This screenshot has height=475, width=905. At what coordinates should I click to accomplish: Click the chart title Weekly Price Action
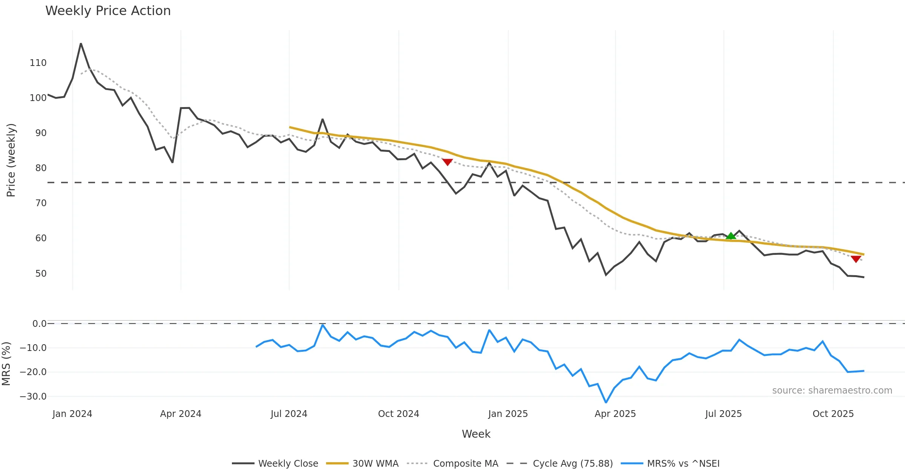108,11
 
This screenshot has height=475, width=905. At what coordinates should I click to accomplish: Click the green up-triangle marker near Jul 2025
731,236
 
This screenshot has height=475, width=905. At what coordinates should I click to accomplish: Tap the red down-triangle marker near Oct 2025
856,259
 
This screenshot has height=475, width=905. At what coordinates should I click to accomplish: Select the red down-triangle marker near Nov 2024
447,162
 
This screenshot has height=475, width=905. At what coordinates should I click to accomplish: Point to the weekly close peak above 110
81,44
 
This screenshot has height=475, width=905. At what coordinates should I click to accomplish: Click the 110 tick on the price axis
38,63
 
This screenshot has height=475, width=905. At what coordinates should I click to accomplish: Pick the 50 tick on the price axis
41,273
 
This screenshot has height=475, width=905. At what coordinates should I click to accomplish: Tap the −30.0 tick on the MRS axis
33,397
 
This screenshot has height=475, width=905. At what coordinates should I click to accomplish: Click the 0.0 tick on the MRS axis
39,324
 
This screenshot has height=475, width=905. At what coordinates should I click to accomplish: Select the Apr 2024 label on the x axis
181,414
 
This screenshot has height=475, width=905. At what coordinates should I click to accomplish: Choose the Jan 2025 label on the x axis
508,414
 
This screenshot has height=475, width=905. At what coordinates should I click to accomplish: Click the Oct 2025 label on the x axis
833,414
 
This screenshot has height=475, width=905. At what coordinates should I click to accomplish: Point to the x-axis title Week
476,434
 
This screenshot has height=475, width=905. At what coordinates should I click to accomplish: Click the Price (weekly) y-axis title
11,160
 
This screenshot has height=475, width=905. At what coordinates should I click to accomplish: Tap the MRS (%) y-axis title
6,364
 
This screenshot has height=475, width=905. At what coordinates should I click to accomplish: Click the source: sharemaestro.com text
832,391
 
